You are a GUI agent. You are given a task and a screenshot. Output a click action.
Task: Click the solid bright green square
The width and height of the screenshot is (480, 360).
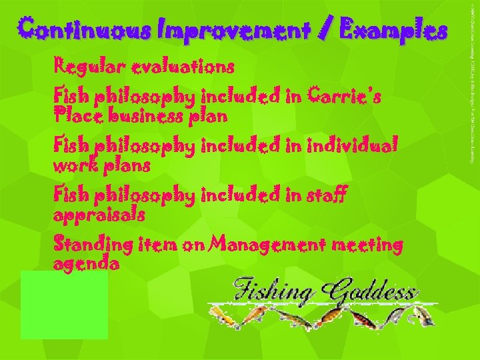[63, 305]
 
